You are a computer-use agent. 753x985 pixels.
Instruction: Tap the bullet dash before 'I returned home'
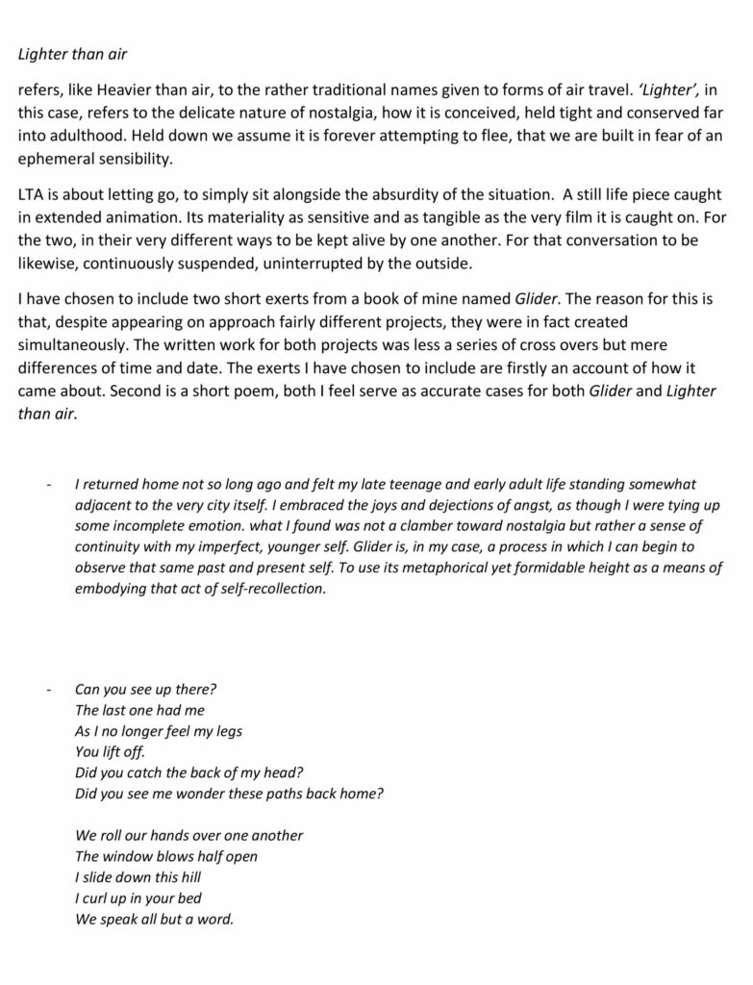pos(48,485)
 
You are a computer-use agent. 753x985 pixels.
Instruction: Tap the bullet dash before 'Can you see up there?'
pos(48,690)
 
